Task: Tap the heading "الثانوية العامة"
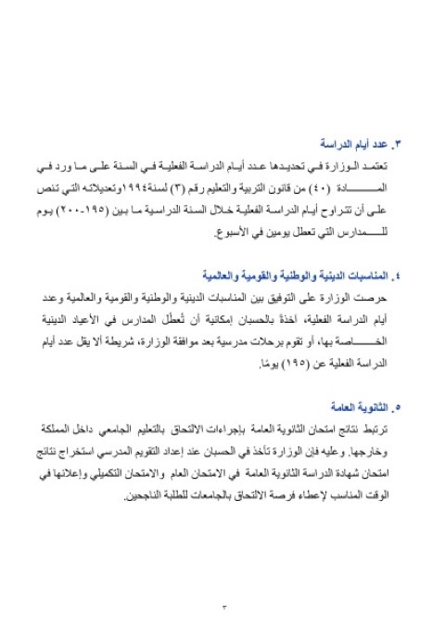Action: tap(356, 406)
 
